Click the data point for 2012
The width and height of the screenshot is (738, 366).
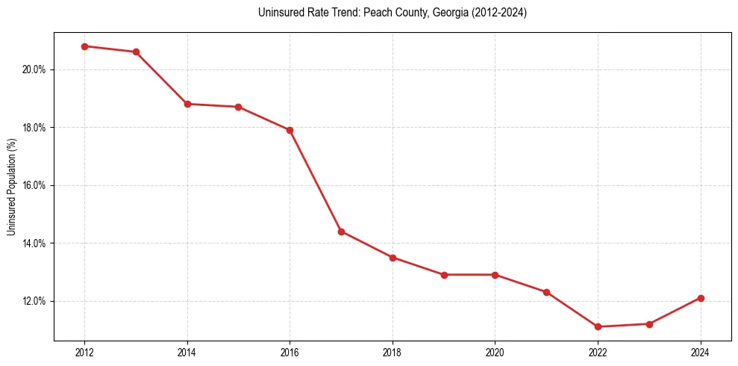pos(84,46)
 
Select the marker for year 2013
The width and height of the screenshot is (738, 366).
pos(136,52)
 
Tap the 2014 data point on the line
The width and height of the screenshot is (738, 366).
pos(187,104)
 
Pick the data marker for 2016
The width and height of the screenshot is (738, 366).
pos(290,130)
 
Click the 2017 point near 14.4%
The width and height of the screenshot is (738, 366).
pos(341,232)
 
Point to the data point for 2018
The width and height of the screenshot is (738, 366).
pos(393,258)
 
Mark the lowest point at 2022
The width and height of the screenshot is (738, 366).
pos(598,326)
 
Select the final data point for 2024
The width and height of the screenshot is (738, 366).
pos(701,298)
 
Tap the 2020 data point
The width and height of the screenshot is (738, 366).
pos(495,275)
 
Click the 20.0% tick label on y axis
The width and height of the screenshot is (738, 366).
pos(34,69)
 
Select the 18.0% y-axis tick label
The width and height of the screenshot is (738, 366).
pos(34,128)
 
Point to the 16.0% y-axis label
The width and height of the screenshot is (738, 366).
pos(34,185)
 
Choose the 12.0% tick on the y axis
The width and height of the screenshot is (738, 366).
pos(34,301)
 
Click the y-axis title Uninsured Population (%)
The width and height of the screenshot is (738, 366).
pos(12,185)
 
